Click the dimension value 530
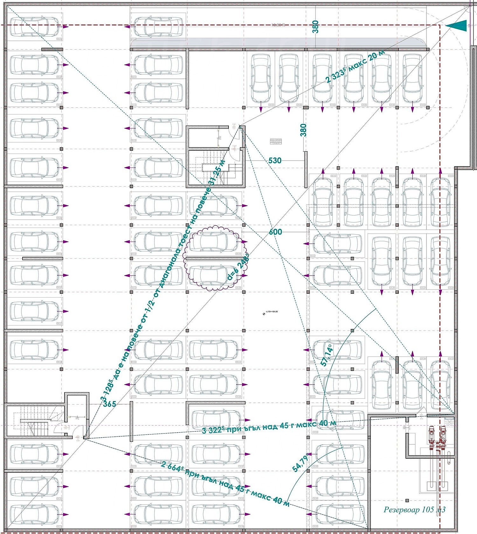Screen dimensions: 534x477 click(275, 161)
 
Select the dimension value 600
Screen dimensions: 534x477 click(275, 232)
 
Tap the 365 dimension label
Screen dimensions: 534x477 click(109, 404)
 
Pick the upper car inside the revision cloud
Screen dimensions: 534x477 click(214, 241)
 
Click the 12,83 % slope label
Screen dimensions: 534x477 click(279, 25)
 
